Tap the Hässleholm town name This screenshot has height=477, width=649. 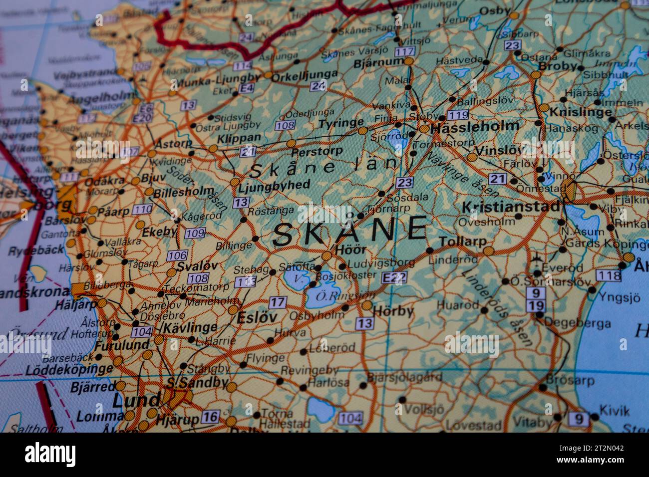tap(475, 126)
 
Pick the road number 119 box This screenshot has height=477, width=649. tap(458, 115)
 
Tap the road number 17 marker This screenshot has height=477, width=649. tap(278, 302)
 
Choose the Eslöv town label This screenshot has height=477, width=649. tap(257, 317)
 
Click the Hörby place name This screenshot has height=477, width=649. tap(394, 311)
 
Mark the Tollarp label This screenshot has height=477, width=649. tap(463, 241)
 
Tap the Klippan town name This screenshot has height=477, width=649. tap(239, 137)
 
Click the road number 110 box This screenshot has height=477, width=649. tap(143, 209)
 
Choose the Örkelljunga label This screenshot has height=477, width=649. tap(305, 75)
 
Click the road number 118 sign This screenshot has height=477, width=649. tap(609, 275)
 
